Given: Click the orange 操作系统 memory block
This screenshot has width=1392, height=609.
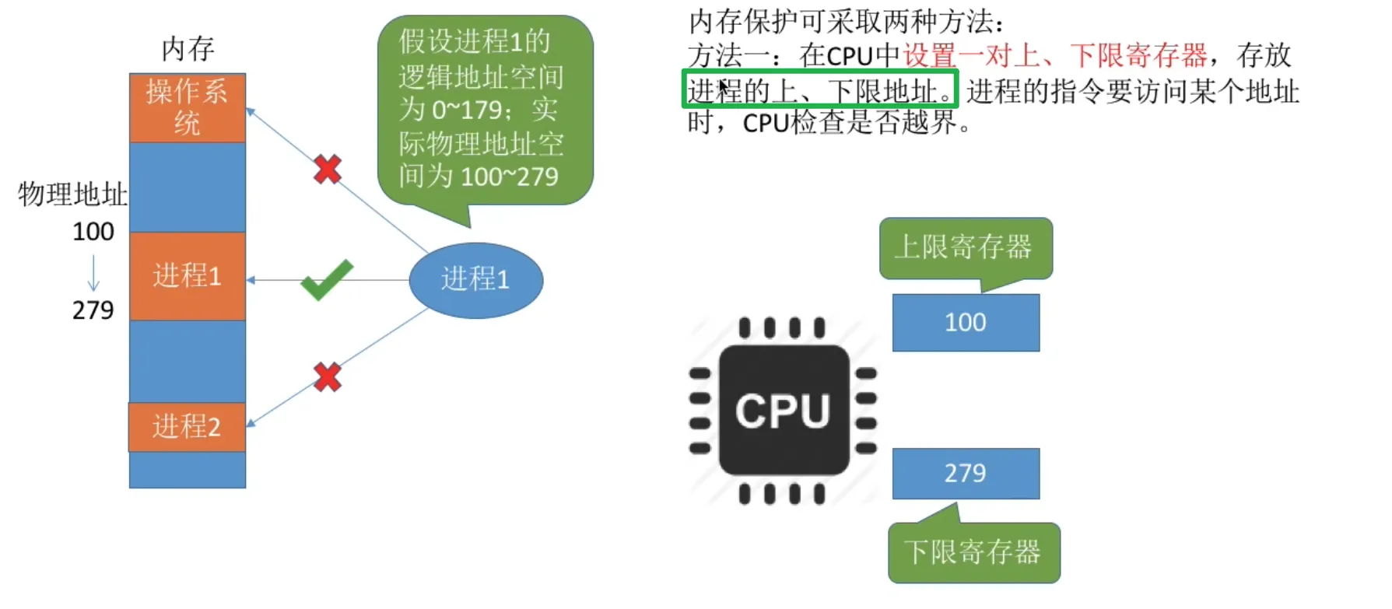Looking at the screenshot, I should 188,107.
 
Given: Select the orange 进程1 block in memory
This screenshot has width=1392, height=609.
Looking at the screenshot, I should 188,276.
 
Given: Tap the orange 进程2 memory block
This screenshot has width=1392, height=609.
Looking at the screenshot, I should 188,427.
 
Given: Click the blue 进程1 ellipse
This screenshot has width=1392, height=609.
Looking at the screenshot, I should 475,280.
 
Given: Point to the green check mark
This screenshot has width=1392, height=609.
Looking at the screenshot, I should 327,279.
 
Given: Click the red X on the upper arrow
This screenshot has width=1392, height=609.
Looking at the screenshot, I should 328,169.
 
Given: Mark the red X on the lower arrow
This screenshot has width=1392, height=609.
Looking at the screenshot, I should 328,377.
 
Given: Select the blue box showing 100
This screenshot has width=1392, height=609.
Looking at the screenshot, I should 966,323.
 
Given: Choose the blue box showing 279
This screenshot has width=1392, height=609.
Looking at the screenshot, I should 966,473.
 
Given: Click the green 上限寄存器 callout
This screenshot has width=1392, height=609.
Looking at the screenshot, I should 966,247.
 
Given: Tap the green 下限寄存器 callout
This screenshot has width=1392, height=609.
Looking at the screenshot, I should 973,553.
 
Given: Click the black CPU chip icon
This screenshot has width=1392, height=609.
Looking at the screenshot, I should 784,410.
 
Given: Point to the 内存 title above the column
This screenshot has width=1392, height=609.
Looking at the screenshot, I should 188,49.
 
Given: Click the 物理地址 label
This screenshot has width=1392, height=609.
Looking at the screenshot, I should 72,194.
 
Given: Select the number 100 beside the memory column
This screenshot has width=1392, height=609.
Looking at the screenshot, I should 93,232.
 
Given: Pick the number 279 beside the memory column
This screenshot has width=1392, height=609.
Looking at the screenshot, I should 93,310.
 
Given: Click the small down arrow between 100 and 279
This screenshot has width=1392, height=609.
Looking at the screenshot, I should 93,272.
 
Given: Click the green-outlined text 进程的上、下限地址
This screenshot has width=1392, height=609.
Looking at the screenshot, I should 820,90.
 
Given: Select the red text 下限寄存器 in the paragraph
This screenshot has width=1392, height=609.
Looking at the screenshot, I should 1138,55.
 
